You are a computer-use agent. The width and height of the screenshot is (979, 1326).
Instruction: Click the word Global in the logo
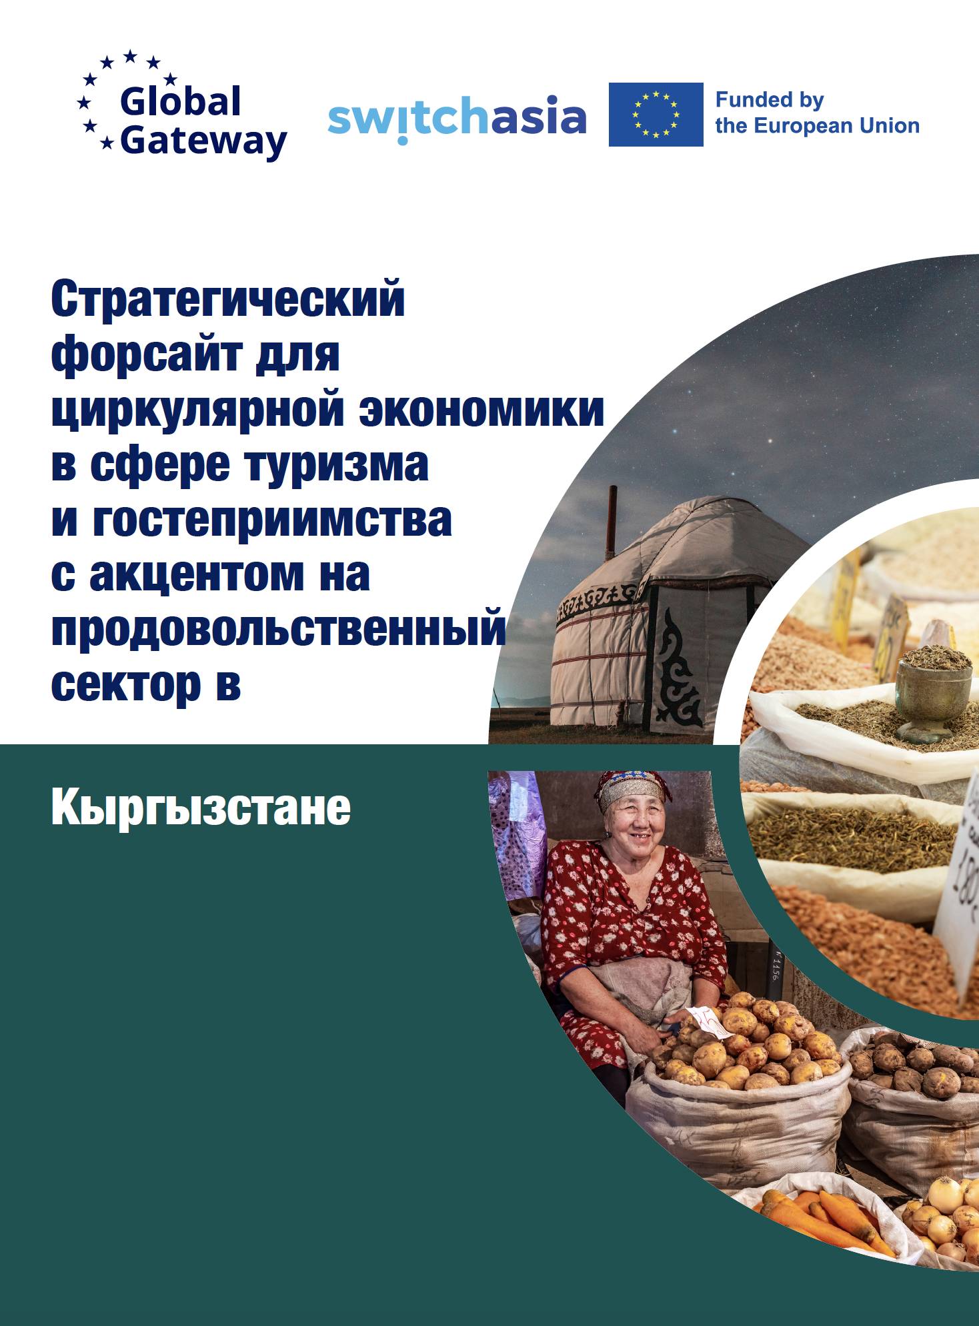(x=180, y=102)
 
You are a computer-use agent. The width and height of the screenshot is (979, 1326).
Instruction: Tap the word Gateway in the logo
(x=203, y=141)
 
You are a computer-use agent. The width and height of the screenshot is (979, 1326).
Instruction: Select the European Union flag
(x=655, y=114)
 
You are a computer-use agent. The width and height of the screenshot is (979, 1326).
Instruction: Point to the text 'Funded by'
(x=769, y=100)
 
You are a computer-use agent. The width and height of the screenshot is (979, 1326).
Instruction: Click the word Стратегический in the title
(x=227, y=300)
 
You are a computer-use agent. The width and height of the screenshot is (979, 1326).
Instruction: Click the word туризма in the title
(x=337, y=464)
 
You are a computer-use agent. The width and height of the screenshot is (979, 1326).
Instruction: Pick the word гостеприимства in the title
(x=271, y=519)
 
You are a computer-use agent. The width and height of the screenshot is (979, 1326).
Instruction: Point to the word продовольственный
(x=278, y=628)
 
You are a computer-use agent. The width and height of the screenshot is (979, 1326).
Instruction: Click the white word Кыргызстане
(x=200, y=808)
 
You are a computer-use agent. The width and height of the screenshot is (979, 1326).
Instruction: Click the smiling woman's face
(x=636, y=822)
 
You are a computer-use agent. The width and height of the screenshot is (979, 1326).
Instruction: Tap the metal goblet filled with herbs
(x=932, y=693)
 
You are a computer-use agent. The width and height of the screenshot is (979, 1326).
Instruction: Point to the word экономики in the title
(x=481, y=410)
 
